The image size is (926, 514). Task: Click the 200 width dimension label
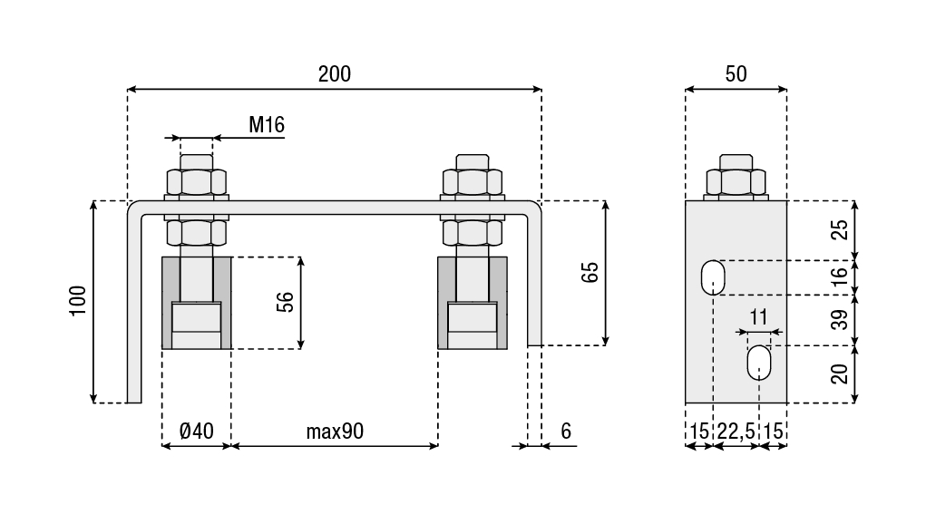334,74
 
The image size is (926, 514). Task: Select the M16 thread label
267,125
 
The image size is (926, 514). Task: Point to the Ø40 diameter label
197,431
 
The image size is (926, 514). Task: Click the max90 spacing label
335,431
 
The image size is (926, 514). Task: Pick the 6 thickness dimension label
566,431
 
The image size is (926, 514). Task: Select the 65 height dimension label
590,273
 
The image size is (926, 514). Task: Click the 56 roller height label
286,302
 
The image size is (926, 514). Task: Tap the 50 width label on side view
736,74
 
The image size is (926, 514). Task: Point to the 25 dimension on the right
842,229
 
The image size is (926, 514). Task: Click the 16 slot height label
842,276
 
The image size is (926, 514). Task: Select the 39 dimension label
842,319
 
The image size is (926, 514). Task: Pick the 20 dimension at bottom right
842,373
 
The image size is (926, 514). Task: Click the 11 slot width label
759,317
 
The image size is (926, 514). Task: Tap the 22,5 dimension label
736,432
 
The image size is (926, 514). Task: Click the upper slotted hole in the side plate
714,277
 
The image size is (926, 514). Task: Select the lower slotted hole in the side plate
759,364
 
